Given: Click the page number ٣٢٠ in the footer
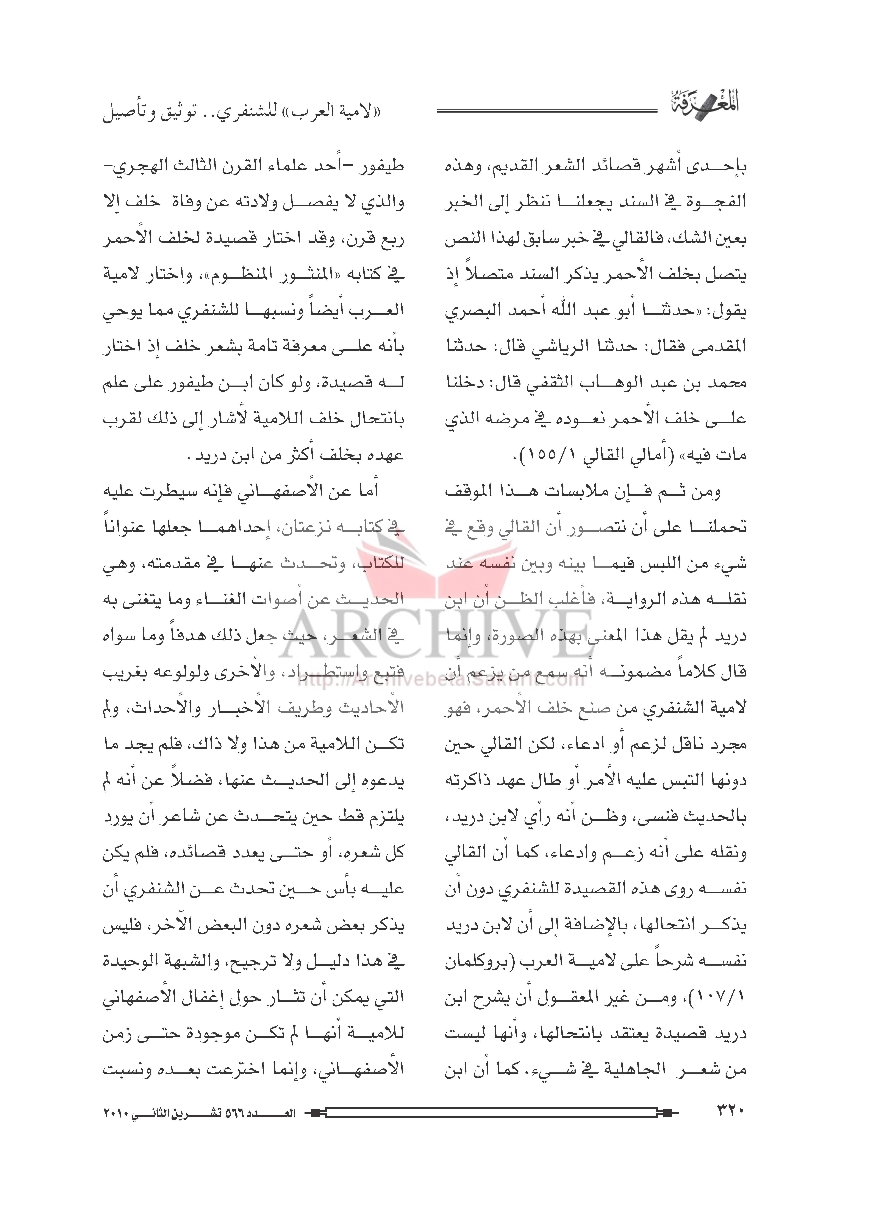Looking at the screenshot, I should [x=731, y=1110].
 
